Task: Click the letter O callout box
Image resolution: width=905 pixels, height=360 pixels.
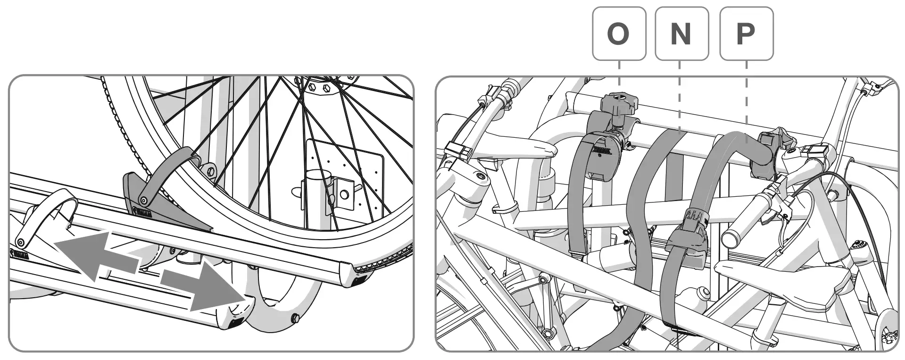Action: (619, 33)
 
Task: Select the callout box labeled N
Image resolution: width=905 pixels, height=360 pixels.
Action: (682, 33)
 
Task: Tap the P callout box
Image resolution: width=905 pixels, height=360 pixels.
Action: (746, 33)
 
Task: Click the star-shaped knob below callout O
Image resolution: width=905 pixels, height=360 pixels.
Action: (619, 102)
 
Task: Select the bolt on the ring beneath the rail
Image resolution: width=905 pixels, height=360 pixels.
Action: (296, 318)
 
